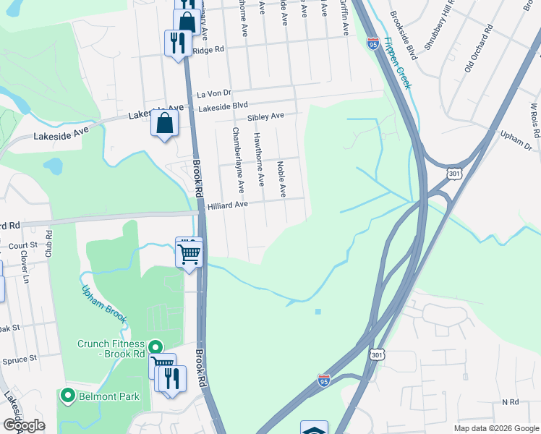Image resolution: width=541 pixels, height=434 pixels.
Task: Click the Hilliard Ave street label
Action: [228, 205]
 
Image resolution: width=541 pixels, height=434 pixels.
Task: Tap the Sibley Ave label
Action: [265, 116]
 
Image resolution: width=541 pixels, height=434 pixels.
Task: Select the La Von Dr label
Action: [214, 93]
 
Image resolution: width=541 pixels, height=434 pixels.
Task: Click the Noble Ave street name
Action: [282, 179]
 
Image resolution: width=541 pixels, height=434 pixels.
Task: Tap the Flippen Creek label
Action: [397, 63]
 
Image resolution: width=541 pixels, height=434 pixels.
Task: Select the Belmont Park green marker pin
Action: [68, 395]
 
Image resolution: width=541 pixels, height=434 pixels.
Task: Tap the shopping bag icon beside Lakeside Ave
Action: [165, 122]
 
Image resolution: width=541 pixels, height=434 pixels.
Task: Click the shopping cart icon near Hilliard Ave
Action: [189, 253]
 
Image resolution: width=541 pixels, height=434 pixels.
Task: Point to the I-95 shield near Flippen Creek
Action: [372, 43]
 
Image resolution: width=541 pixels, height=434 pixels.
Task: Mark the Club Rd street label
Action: [49, 245]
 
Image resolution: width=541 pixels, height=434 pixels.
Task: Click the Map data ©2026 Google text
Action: [495, 428]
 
